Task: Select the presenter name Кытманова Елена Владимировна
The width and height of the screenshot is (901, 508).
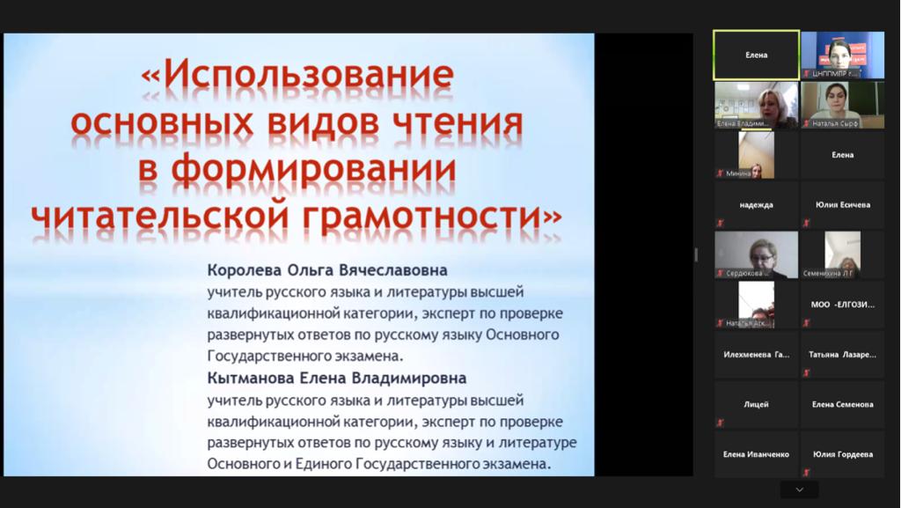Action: click(337, 378)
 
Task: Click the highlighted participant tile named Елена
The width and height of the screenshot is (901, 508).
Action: click(756, 55)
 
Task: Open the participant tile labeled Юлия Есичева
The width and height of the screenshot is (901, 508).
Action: click(842, 205)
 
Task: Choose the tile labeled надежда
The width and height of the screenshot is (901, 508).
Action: click(756, 205)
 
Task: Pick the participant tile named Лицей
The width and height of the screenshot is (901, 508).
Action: click(756, 404)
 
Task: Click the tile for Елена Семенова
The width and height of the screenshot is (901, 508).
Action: click(842, 404)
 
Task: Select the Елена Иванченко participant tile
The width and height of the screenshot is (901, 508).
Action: click(756, 454)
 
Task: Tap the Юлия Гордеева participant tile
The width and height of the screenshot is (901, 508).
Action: click(842, 454)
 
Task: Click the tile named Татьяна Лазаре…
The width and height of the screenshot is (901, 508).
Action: click(842, 355)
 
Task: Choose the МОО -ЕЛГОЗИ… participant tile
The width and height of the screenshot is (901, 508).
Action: click(842, 305)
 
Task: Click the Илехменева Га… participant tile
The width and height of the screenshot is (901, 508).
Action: click(756, 355)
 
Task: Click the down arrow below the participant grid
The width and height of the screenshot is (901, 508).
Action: click(799, 490)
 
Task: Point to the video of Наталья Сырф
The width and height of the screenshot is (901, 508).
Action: click(842, 105)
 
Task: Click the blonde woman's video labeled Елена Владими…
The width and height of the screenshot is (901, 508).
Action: click(756, 105)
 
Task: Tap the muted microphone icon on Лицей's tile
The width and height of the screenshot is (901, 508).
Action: click(720, 423)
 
